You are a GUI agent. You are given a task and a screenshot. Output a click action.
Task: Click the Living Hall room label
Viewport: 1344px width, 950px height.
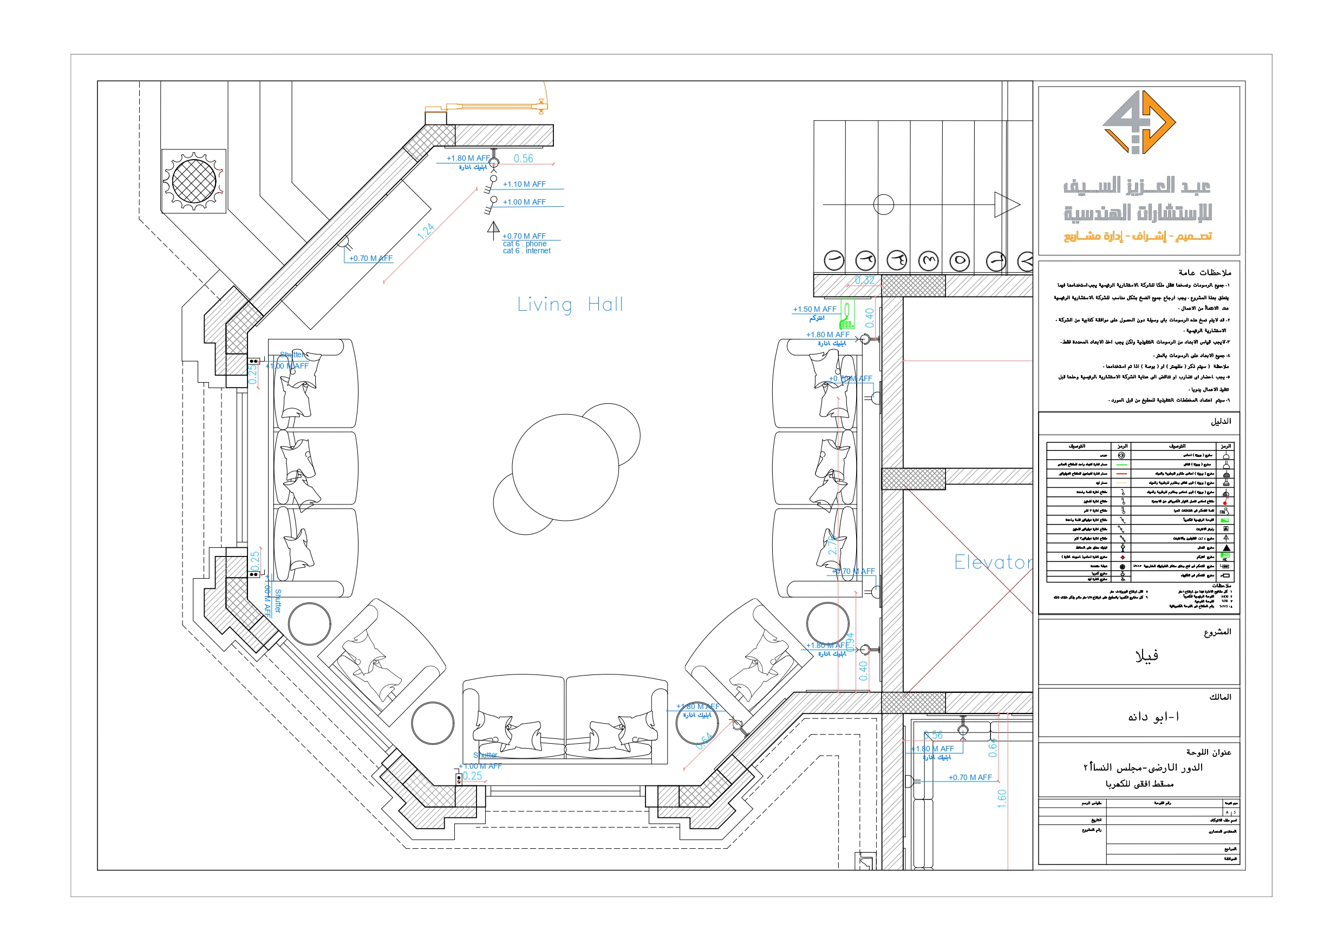tap(570, 305)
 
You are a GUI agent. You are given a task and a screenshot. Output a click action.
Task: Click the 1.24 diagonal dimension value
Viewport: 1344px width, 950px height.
tap(426, 232)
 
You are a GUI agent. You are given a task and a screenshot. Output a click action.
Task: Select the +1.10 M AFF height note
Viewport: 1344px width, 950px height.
tap(524, 185)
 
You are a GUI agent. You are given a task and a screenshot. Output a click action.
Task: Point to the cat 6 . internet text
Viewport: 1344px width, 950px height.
tap(526, 251)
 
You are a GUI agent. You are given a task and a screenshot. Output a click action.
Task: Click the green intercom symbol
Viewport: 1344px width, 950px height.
tap(847, 315)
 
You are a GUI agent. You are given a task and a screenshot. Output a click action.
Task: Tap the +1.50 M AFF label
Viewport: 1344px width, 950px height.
tap(814, 309)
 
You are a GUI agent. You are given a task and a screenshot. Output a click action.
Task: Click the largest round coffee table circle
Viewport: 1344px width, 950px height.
tap(565, 467)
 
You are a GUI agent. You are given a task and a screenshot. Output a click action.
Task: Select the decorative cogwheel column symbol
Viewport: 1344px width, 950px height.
tap(193, 181)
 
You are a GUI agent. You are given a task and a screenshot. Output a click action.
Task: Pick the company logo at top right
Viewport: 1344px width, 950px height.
tap(1139, 122)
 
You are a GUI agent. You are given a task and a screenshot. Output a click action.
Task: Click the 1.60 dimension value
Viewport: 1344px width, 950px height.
tap(1002, 798)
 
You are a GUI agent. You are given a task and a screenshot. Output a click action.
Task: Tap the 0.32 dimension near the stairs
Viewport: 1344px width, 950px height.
tap(864, 280)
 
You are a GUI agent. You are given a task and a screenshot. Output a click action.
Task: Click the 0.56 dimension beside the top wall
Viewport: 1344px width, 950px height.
tap(523, 159)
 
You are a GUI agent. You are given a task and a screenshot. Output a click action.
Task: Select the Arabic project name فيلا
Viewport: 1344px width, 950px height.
tap(1146, 656)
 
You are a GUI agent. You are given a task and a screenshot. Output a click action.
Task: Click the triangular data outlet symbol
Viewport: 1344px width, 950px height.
tap(493, 228)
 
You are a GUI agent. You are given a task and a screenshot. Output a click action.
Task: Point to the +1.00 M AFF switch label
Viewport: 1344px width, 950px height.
tap(524, 202)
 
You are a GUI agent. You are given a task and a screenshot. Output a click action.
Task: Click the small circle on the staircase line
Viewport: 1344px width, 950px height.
tap(883, 205)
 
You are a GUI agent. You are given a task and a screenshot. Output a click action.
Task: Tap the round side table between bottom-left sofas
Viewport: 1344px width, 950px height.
tap(433, 723)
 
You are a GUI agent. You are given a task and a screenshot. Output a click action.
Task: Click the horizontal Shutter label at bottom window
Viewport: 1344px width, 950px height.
tap(485, 755)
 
